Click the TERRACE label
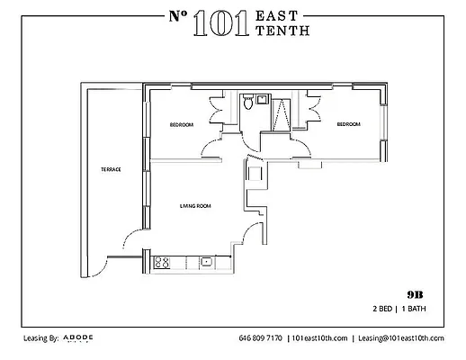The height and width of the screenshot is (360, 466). (x=112, y=169)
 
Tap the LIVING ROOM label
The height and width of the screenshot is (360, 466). (x=195, y=207)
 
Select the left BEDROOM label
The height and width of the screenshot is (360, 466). (x=181, y=124)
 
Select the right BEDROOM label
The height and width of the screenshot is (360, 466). (x=348, y=124)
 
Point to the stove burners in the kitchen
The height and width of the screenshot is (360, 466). (x=163, y=263)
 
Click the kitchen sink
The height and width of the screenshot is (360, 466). (x=206, y=263)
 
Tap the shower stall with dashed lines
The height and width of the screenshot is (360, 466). (x=280, y=112)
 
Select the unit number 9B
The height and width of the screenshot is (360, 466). (x=415, y=294)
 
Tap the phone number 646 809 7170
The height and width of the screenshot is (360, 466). (x=260, y=339)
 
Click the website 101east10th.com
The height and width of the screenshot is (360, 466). (x=319, y=339)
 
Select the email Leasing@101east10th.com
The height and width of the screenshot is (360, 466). (x=401, y=339)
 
